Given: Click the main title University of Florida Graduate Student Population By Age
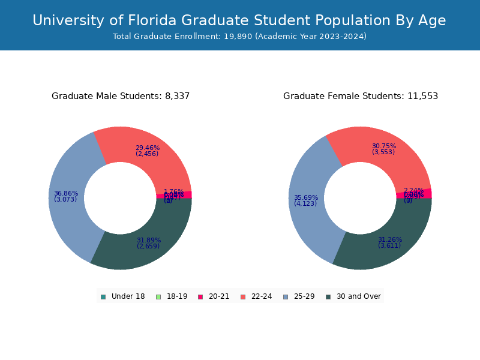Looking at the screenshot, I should click(239, 21).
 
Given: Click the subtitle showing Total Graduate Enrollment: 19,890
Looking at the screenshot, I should click(239, 37).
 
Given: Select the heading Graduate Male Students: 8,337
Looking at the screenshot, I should click(121, 96).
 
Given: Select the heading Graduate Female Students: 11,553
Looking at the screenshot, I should click(361, 96).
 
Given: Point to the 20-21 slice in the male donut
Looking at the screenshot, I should click(174, 195).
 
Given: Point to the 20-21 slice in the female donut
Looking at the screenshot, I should click(414, 194).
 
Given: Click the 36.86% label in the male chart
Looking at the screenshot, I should click(66, 194).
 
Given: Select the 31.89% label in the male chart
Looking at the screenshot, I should click(148, 241).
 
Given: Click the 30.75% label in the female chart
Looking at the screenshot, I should click(384, 146).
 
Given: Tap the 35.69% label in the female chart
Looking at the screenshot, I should click(306, 198).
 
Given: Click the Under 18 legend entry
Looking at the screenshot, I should click(123, 296).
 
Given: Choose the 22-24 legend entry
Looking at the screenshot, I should click(256, 296).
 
